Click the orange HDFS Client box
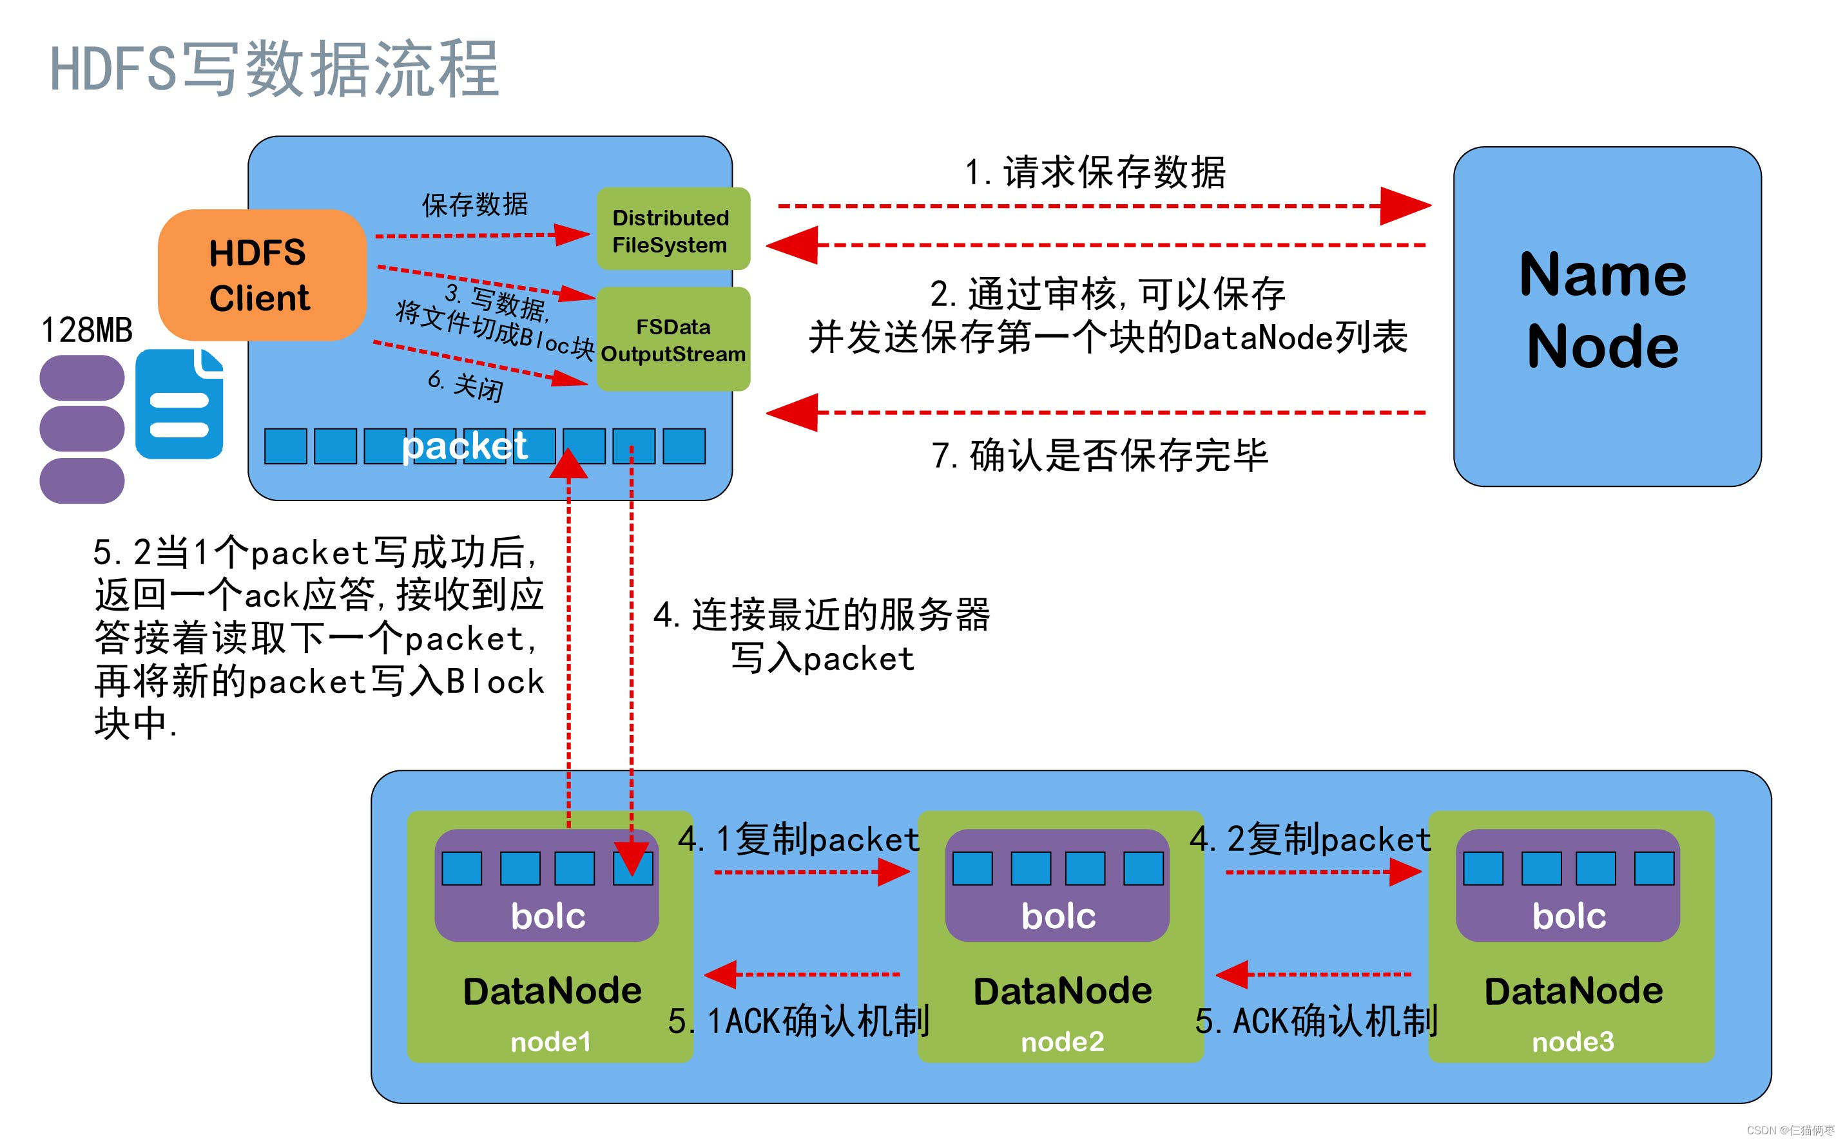(x=260, y=275)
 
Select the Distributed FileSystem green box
(x=672, y=229)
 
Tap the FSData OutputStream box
(x=672, y=340)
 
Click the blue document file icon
(x=179, y=404)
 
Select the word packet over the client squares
(x=464, y=446)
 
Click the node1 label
(x=550, y=1042)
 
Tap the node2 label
(x=1061, y=1042)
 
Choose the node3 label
(x=1572, y=1042)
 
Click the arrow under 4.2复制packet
(x=1322, y=872)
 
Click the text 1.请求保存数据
(x=1095, y=172)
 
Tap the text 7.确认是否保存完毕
(x=1099, y=455)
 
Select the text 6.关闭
(x=465, y=385)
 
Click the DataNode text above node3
(x=1573, y=991)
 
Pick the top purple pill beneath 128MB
(x=82, y=377)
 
